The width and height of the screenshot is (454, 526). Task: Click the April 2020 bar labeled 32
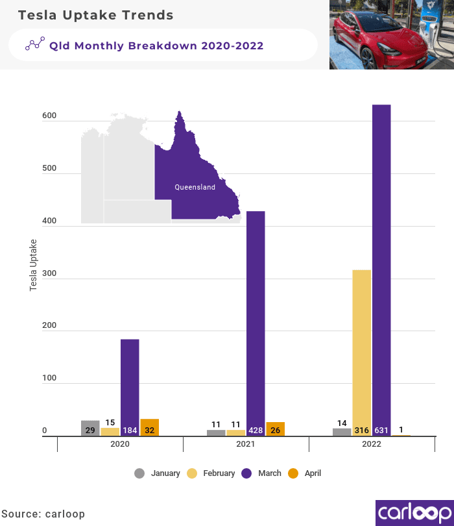click(x=150, y=427)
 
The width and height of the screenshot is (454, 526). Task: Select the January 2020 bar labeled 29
click(x=90, y=428)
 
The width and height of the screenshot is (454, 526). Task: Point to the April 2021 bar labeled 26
click(x=276, y=429)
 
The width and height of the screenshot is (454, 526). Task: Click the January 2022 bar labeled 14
click(x=342, y=431)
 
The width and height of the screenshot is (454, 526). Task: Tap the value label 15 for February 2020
click(x=110, y=423)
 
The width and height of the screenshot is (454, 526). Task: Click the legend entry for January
click(x=158, y=473)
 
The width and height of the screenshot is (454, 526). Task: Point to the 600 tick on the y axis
click(x=49, y=116)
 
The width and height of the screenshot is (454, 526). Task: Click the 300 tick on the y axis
click(x=49, y=273)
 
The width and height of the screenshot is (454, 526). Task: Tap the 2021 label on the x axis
click(x=246, y=444)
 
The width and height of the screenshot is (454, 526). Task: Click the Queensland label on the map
click(x=195, y=187)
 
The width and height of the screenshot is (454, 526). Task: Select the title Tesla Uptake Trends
click(x=95, y=15)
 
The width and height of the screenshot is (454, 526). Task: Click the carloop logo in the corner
click(x=414, y=512)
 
